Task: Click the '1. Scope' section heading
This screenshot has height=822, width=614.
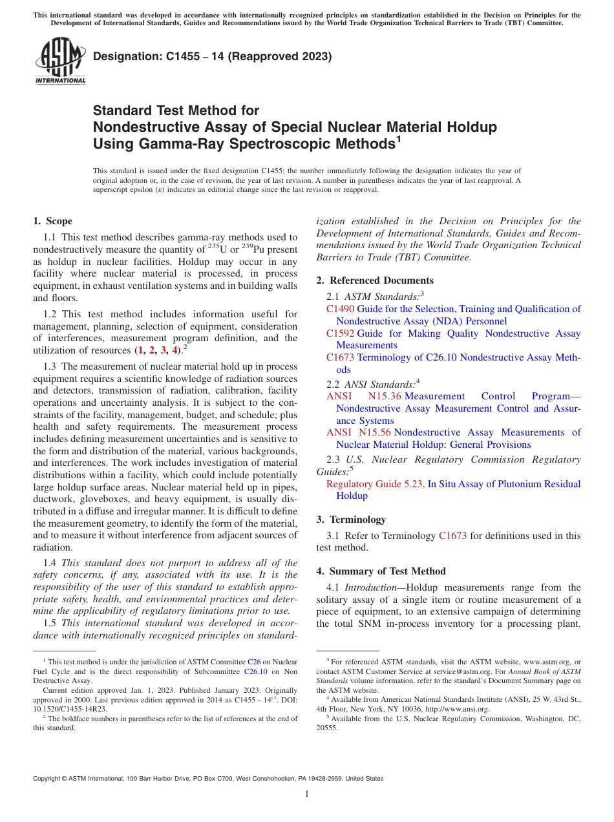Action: [52, 221]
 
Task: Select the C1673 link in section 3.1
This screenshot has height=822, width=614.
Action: [452, 536]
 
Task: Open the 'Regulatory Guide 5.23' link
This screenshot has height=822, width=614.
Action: [375, 484]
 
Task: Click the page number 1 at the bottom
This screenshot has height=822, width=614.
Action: [307, 794]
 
